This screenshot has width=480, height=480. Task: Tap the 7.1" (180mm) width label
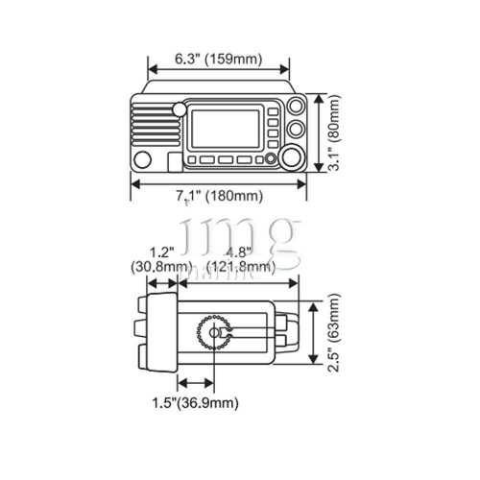(219, 197)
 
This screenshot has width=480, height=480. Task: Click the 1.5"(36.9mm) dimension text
(195, 404)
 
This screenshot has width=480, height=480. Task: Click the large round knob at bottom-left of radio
(144, 158)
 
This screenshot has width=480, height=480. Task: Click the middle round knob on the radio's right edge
(298, 128)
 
